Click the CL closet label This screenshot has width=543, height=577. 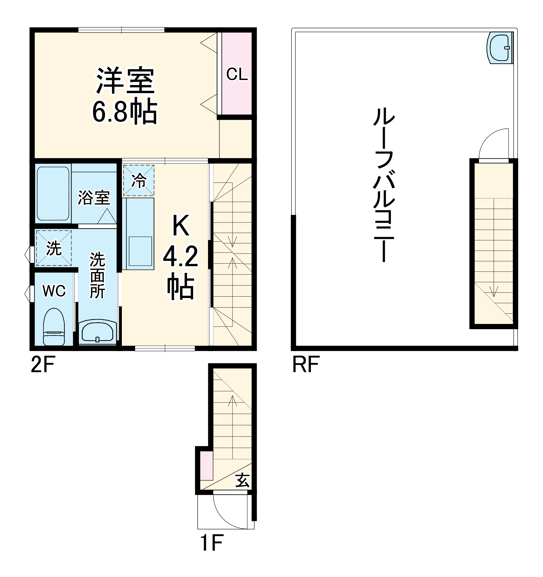237,74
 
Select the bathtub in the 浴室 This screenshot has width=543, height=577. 53,193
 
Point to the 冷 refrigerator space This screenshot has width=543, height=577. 139,180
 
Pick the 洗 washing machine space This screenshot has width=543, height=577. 54,248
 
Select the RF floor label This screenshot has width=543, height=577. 306,365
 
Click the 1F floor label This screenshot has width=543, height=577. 212,543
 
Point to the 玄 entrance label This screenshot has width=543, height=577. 242,480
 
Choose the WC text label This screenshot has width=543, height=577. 54,291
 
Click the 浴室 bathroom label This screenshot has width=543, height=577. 94,198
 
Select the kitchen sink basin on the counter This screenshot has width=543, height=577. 140,251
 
